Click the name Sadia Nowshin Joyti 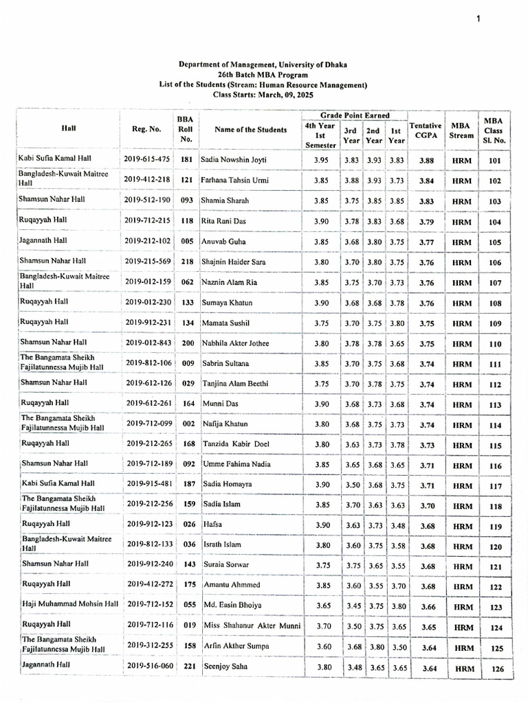click(234, 159)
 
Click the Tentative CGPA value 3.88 click(425, 160)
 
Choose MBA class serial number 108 click(494, 303)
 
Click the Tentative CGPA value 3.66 click(425, 606)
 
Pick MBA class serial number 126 click(495, 668)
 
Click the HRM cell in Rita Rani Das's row click(461, 222)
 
